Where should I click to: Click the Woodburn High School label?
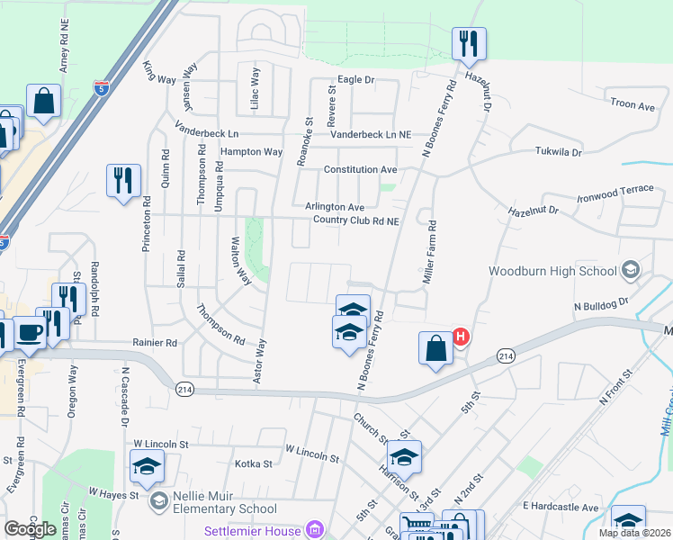click(552, 271)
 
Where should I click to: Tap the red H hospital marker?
click(461, 338)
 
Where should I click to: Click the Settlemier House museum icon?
click(314, 530)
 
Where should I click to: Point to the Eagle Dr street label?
click(355, 80)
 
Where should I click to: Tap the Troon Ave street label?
click(633, 105)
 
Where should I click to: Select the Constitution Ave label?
click(360, 169)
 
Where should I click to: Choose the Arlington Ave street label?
click(334, 206)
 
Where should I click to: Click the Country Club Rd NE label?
click(355, 220)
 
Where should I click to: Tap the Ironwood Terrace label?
click(613, 193)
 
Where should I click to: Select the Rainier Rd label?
click(155, 342)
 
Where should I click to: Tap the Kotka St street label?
click(253, 463)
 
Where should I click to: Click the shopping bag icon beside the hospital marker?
click(435, 348)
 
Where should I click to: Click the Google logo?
click(30, 529)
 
